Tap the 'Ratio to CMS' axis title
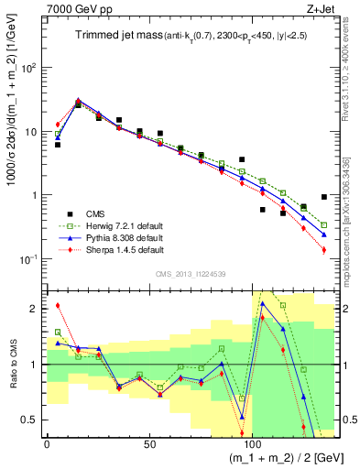[12, 366]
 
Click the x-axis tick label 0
[47, 443]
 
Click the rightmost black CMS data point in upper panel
[324, 197]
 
